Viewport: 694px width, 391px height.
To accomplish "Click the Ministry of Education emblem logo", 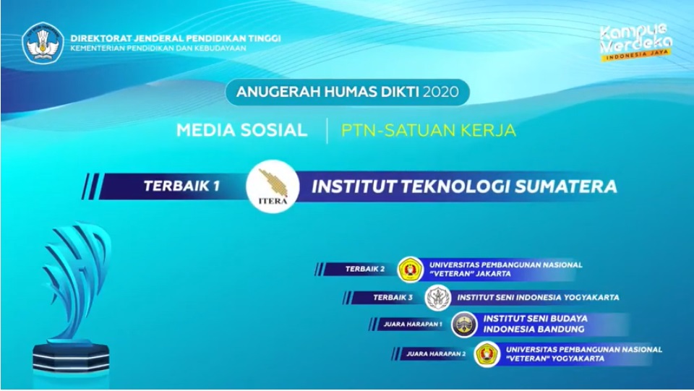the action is point(43,43).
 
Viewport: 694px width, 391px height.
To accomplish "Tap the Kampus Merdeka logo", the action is point(635,43).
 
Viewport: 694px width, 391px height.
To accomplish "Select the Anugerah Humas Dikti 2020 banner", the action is point(348,92).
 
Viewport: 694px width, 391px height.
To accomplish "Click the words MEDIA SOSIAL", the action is point(241,130).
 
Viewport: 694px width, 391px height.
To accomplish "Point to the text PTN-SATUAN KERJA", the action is point(429,130).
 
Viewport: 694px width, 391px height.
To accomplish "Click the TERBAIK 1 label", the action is point(181,186).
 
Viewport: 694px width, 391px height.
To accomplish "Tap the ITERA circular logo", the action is point(273,186).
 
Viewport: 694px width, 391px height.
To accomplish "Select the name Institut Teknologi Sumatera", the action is point(464,186).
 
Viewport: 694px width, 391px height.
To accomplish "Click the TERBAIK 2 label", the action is point(364,269).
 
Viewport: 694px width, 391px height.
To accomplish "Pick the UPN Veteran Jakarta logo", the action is point(411,269).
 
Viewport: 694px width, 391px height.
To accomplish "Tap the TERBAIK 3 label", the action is point(393,297).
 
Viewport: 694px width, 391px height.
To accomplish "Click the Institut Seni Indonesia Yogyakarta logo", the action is point(438,298).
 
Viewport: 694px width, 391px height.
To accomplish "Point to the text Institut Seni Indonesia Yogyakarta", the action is point(538,298).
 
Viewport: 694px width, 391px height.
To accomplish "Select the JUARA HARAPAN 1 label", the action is point(413,325).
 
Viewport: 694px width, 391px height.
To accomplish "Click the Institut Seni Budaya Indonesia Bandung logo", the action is point(464,325).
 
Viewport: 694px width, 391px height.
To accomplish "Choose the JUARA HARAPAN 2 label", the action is point(436,354).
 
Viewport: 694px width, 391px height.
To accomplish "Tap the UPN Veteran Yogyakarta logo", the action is point(487,354).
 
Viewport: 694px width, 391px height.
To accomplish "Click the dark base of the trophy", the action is point(71,357).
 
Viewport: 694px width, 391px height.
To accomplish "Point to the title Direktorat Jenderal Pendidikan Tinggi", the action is point(176,38).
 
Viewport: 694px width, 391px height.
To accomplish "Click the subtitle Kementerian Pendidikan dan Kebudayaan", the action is point(158,48).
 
